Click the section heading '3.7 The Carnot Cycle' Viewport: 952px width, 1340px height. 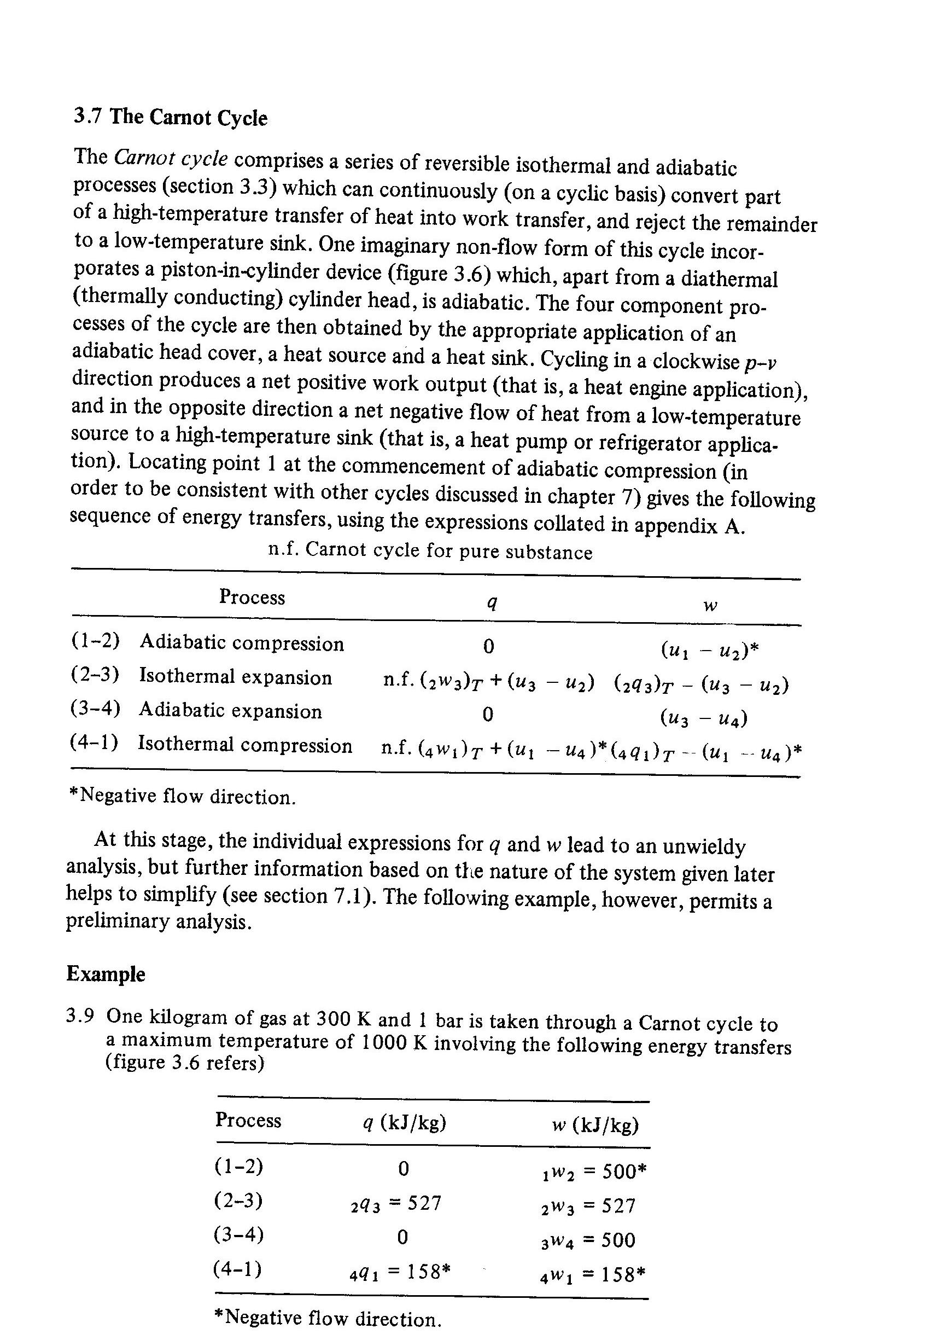(170, 117)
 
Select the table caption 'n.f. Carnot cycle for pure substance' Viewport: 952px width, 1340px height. (430, 550)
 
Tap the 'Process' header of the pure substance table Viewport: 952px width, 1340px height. (252, 597)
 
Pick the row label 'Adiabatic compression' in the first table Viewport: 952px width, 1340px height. (242, 643)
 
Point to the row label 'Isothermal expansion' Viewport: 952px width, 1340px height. (235, 677)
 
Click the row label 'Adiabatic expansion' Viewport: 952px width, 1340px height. (230, 711)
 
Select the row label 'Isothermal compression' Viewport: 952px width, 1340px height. (245, 745)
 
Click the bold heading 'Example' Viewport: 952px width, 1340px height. (106, 974)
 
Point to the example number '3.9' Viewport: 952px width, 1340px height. (80, 1016)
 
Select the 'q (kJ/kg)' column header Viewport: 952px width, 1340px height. (405, 1122)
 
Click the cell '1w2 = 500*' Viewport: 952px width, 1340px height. (594, 1171)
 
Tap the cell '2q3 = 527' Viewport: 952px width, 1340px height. (396, 1204)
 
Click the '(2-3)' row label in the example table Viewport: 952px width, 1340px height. (238, 1200)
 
